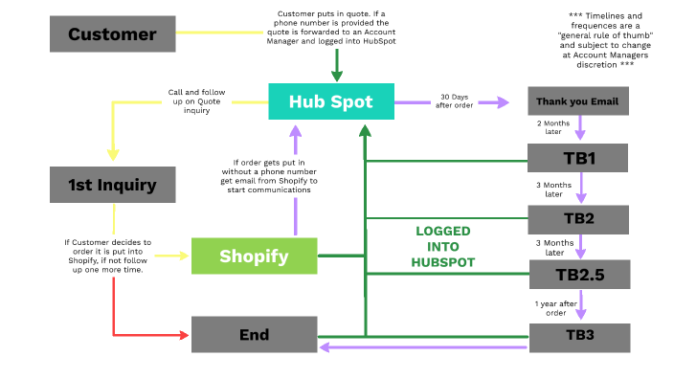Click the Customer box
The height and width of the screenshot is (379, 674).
(112, 34)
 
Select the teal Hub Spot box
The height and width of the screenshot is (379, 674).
(331, 101)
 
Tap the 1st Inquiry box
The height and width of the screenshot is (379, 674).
(112, 184)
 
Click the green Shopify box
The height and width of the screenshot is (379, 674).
(254, 256)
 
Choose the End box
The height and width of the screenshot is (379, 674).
(254, 335)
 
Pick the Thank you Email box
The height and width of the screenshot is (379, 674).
(577, 101)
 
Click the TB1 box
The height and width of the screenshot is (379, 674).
(577, 158)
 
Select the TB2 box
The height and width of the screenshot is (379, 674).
(577, 219)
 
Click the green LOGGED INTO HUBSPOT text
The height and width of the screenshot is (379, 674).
(443, 246)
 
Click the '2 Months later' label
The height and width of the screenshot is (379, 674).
(553, 128)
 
